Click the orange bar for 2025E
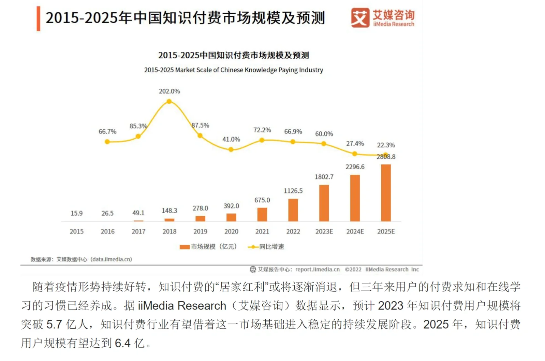386,193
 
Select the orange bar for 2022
293,210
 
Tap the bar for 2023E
324,203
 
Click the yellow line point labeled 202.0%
169,101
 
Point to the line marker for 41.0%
231,149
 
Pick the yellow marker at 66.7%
107,142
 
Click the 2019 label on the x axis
200,231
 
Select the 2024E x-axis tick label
355,231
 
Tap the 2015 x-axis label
76,231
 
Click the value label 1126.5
293,191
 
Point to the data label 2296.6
355,167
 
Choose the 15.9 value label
76,213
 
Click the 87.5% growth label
200,125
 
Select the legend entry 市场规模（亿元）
208,247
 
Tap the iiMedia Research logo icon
360,18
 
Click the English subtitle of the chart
233,70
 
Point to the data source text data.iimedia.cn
111,259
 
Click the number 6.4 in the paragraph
123,343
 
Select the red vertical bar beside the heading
39,18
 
